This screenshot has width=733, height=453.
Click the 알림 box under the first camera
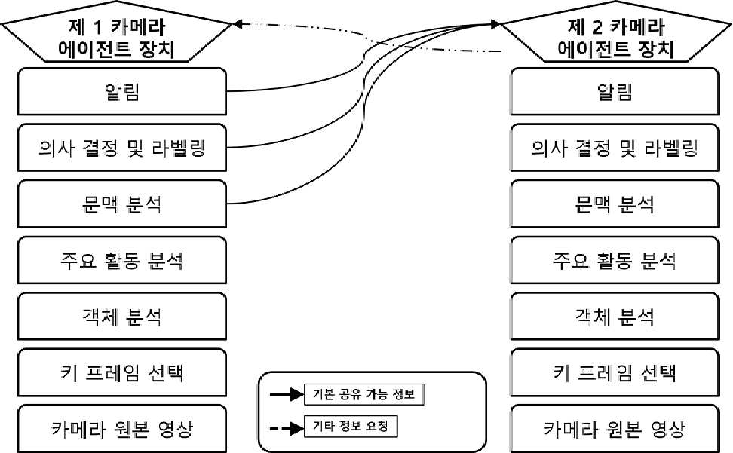[x=122, y=91]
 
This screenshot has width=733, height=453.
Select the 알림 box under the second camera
[x=615, y=91]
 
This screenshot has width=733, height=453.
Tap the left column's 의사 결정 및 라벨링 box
[x=122, y=148]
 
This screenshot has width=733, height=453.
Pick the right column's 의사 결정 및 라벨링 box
[x=615, y=148]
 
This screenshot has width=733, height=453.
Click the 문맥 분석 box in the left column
[x=122, y=204]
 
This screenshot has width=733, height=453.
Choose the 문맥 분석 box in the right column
[x=615, y=204]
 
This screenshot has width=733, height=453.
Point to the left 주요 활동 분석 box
[x=122, y=260]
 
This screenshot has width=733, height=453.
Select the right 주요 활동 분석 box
[x=615, y=260]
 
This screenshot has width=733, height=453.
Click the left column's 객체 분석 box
[x=122, y=316]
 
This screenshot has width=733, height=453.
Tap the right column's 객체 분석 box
[x=615, y=316]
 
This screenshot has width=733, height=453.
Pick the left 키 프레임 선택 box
[x=122, y=372]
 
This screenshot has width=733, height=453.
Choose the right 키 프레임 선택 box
[x=615, y=372]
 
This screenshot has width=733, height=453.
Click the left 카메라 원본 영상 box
[x=122, y=429]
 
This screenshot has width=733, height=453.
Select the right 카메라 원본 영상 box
[x=615, y=429]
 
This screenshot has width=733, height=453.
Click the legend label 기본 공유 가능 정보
[x=363, y=395]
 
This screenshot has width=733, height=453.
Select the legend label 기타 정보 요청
[x=351, y=427]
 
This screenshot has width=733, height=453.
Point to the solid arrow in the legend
[x=287, y=395]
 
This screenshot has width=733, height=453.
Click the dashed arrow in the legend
[x=287, y=428]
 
